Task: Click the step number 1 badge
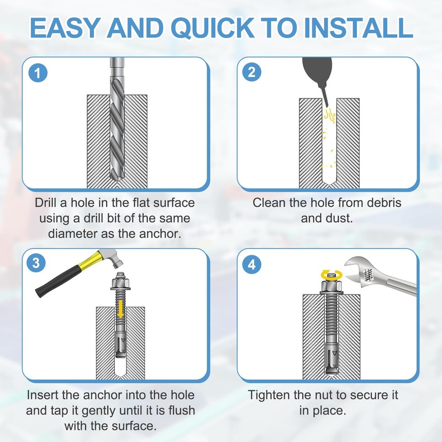coord(38,73)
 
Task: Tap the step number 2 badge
coord(252,72)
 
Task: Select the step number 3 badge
coord(36,263)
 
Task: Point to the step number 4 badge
coord(252,265)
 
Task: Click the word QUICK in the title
coord(213,28)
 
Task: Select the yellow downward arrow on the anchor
coord(120,308)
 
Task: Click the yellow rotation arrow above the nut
coord(332,275)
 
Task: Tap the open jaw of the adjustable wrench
coord(356,271)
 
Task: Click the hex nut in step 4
coord(331,287)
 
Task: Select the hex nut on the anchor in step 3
coord(120,283)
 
